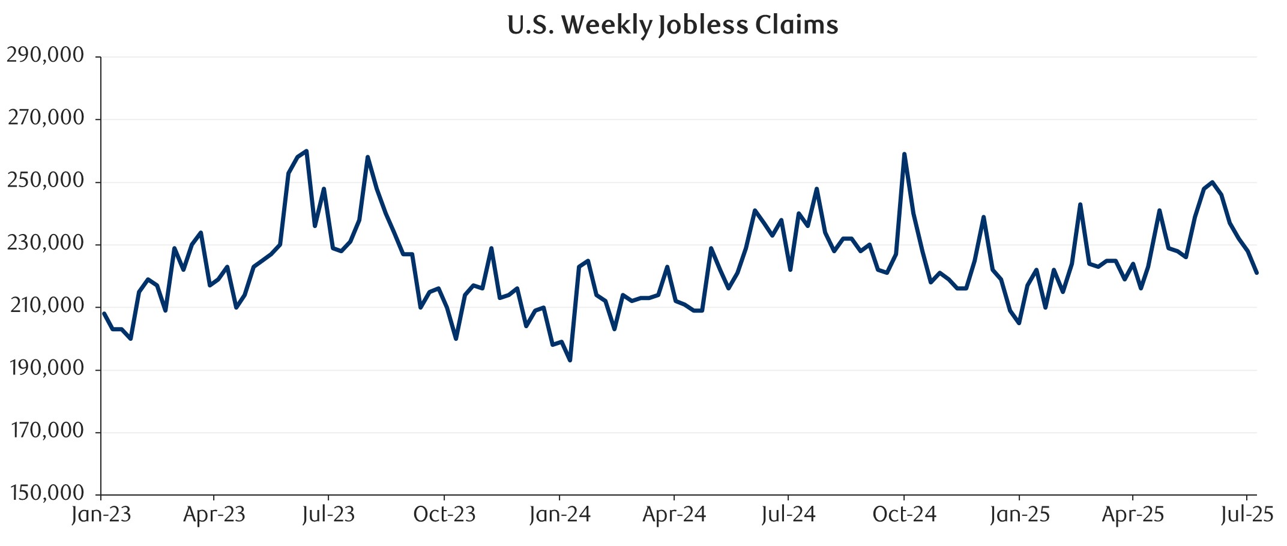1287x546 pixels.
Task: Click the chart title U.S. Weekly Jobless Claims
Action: pos(672,25)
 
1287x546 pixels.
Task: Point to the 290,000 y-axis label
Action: pos(46,55)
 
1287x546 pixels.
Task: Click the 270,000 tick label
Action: pos(46,118)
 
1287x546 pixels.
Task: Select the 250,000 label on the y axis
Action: pos(46,181)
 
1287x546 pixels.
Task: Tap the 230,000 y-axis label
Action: pos(46,243)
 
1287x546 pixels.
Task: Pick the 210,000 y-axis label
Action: pos(46,306)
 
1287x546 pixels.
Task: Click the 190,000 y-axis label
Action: pos(46,368)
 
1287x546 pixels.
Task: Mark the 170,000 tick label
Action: pos(46,431)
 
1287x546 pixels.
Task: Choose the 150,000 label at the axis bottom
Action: pos(46,493)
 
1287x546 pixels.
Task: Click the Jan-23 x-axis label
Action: pos(101,515)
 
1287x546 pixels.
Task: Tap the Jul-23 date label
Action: pos(328,515)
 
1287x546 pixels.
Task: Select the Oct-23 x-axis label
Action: pos(444,515)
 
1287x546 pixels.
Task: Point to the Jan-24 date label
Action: pos(559,515)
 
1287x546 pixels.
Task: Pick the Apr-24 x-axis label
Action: pos(674,515)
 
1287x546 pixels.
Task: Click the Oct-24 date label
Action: pos(904,515)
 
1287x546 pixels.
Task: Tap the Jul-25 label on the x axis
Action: pos(1247,515)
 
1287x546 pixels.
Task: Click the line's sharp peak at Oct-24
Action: pos(904,154)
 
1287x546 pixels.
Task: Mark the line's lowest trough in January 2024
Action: pos(570,360)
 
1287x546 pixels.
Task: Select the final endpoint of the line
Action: pos(1256,273)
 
